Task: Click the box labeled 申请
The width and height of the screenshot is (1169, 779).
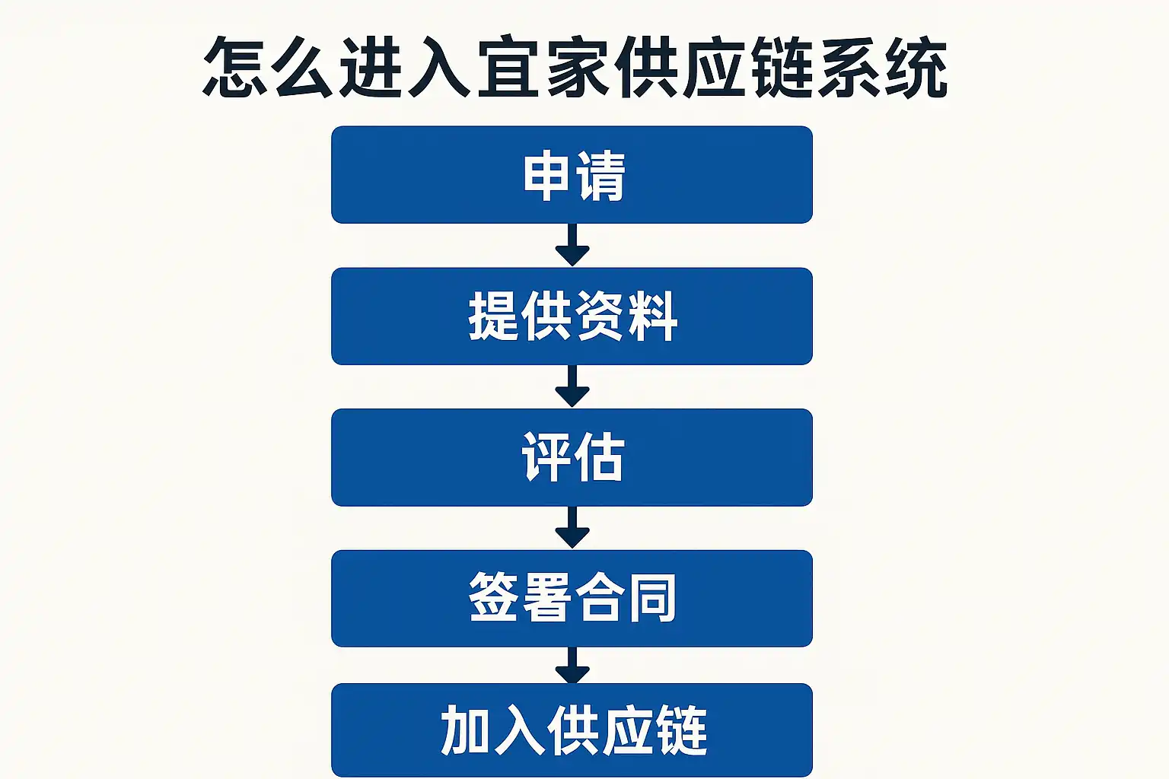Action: point(572,175)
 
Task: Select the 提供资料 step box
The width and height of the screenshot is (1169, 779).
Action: point(572,316)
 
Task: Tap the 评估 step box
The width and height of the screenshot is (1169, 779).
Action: point(572,457)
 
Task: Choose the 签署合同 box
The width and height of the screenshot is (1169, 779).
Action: point(572,598)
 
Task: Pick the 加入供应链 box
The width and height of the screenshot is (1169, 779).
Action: point(572,730)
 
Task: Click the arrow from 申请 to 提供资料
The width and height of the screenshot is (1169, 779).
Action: point(572,245)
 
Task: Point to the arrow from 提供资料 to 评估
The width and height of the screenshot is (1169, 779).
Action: point(572,386)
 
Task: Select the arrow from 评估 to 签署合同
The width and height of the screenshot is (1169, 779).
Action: point(572,527)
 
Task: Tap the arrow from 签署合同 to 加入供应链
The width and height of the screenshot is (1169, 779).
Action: point(572,666)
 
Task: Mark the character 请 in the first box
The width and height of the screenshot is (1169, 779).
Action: point(600,176)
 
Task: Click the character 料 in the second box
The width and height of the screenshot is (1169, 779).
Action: point(653,316)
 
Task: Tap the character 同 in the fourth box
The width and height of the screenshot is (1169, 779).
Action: point(653,599)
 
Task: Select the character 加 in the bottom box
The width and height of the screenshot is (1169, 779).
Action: point(467,730)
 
